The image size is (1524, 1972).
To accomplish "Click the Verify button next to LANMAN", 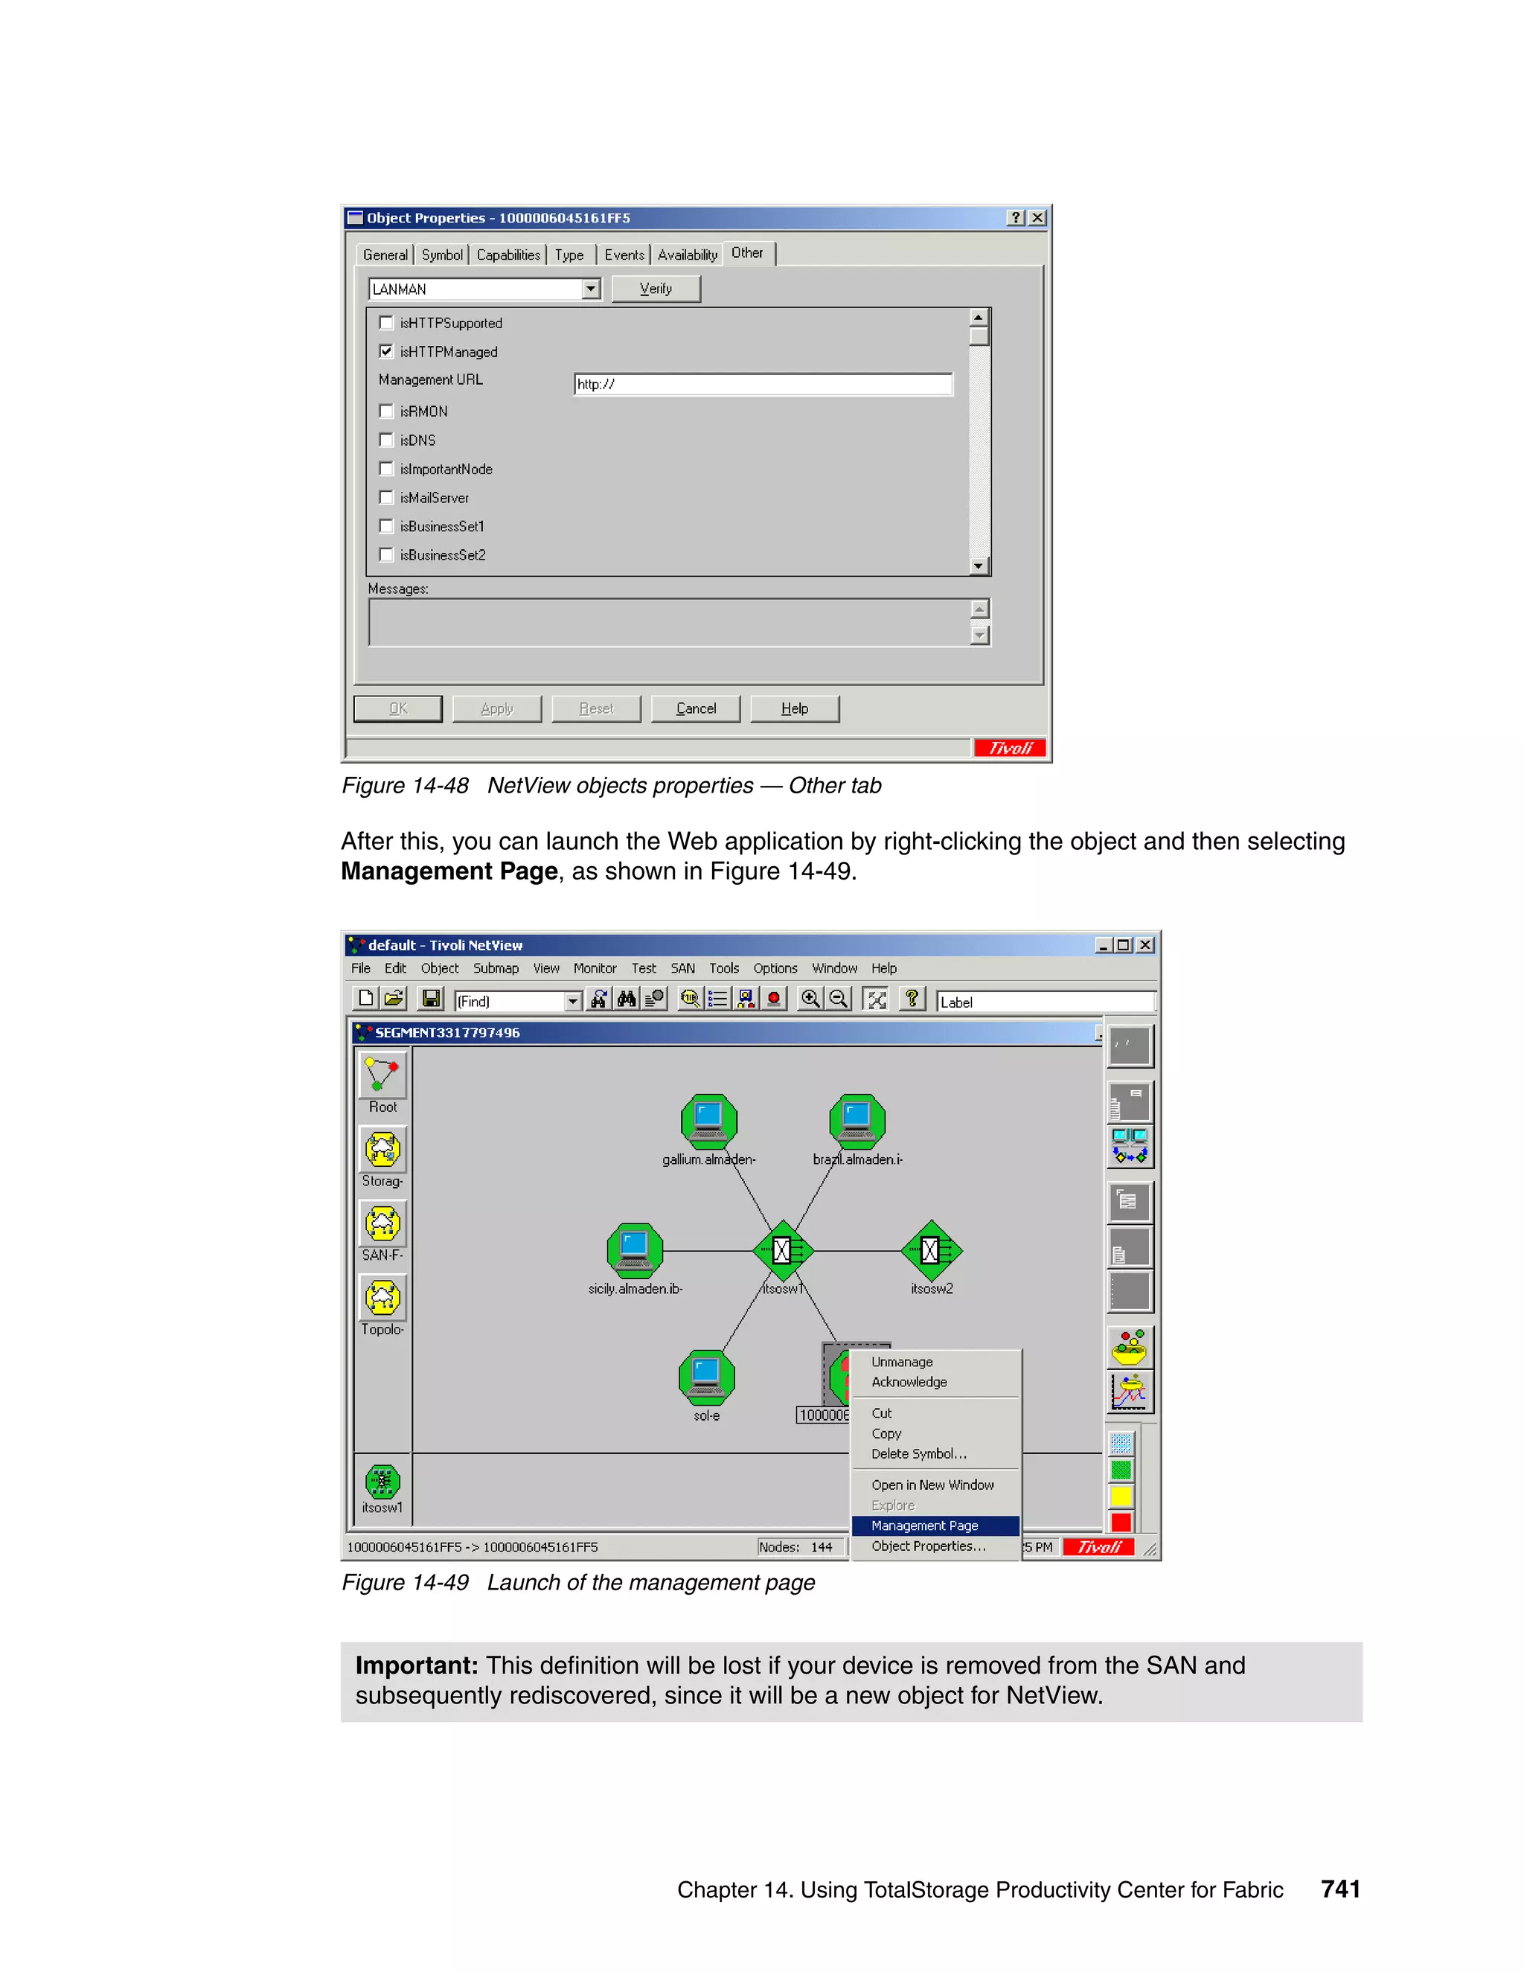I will click(x=656, y=289).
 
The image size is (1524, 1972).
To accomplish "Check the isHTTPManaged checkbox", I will click(x=386, y=351).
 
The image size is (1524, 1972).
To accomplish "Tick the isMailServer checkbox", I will click(x=386, y=498).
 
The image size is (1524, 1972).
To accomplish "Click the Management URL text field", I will click(x=763, y=385).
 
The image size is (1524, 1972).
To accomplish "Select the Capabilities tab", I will click(x=508, y=255).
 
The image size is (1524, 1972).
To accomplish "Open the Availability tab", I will click(x=687, y=255).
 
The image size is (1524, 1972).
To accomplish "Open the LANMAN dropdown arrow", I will click(x=590, y=289).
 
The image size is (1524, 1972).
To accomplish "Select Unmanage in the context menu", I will click(x=902, y=1362).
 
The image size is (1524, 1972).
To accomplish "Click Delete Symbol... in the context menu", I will click(x=918, y=1454).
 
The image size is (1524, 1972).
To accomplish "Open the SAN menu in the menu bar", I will click(x=682, y=968).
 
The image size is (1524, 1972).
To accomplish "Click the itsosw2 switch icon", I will click(x=931, y=1251).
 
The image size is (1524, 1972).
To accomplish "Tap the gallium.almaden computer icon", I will click(x=708, y=1121).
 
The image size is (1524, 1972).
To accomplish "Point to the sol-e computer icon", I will click(x=706, y=1376).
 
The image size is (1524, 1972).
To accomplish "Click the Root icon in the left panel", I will click(x=382, y=1075).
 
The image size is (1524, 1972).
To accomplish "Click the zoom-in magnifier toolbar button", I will click(x=810, y=999).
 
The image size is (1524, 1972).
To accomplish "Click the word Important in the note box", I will click(x=416, y=1666).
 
